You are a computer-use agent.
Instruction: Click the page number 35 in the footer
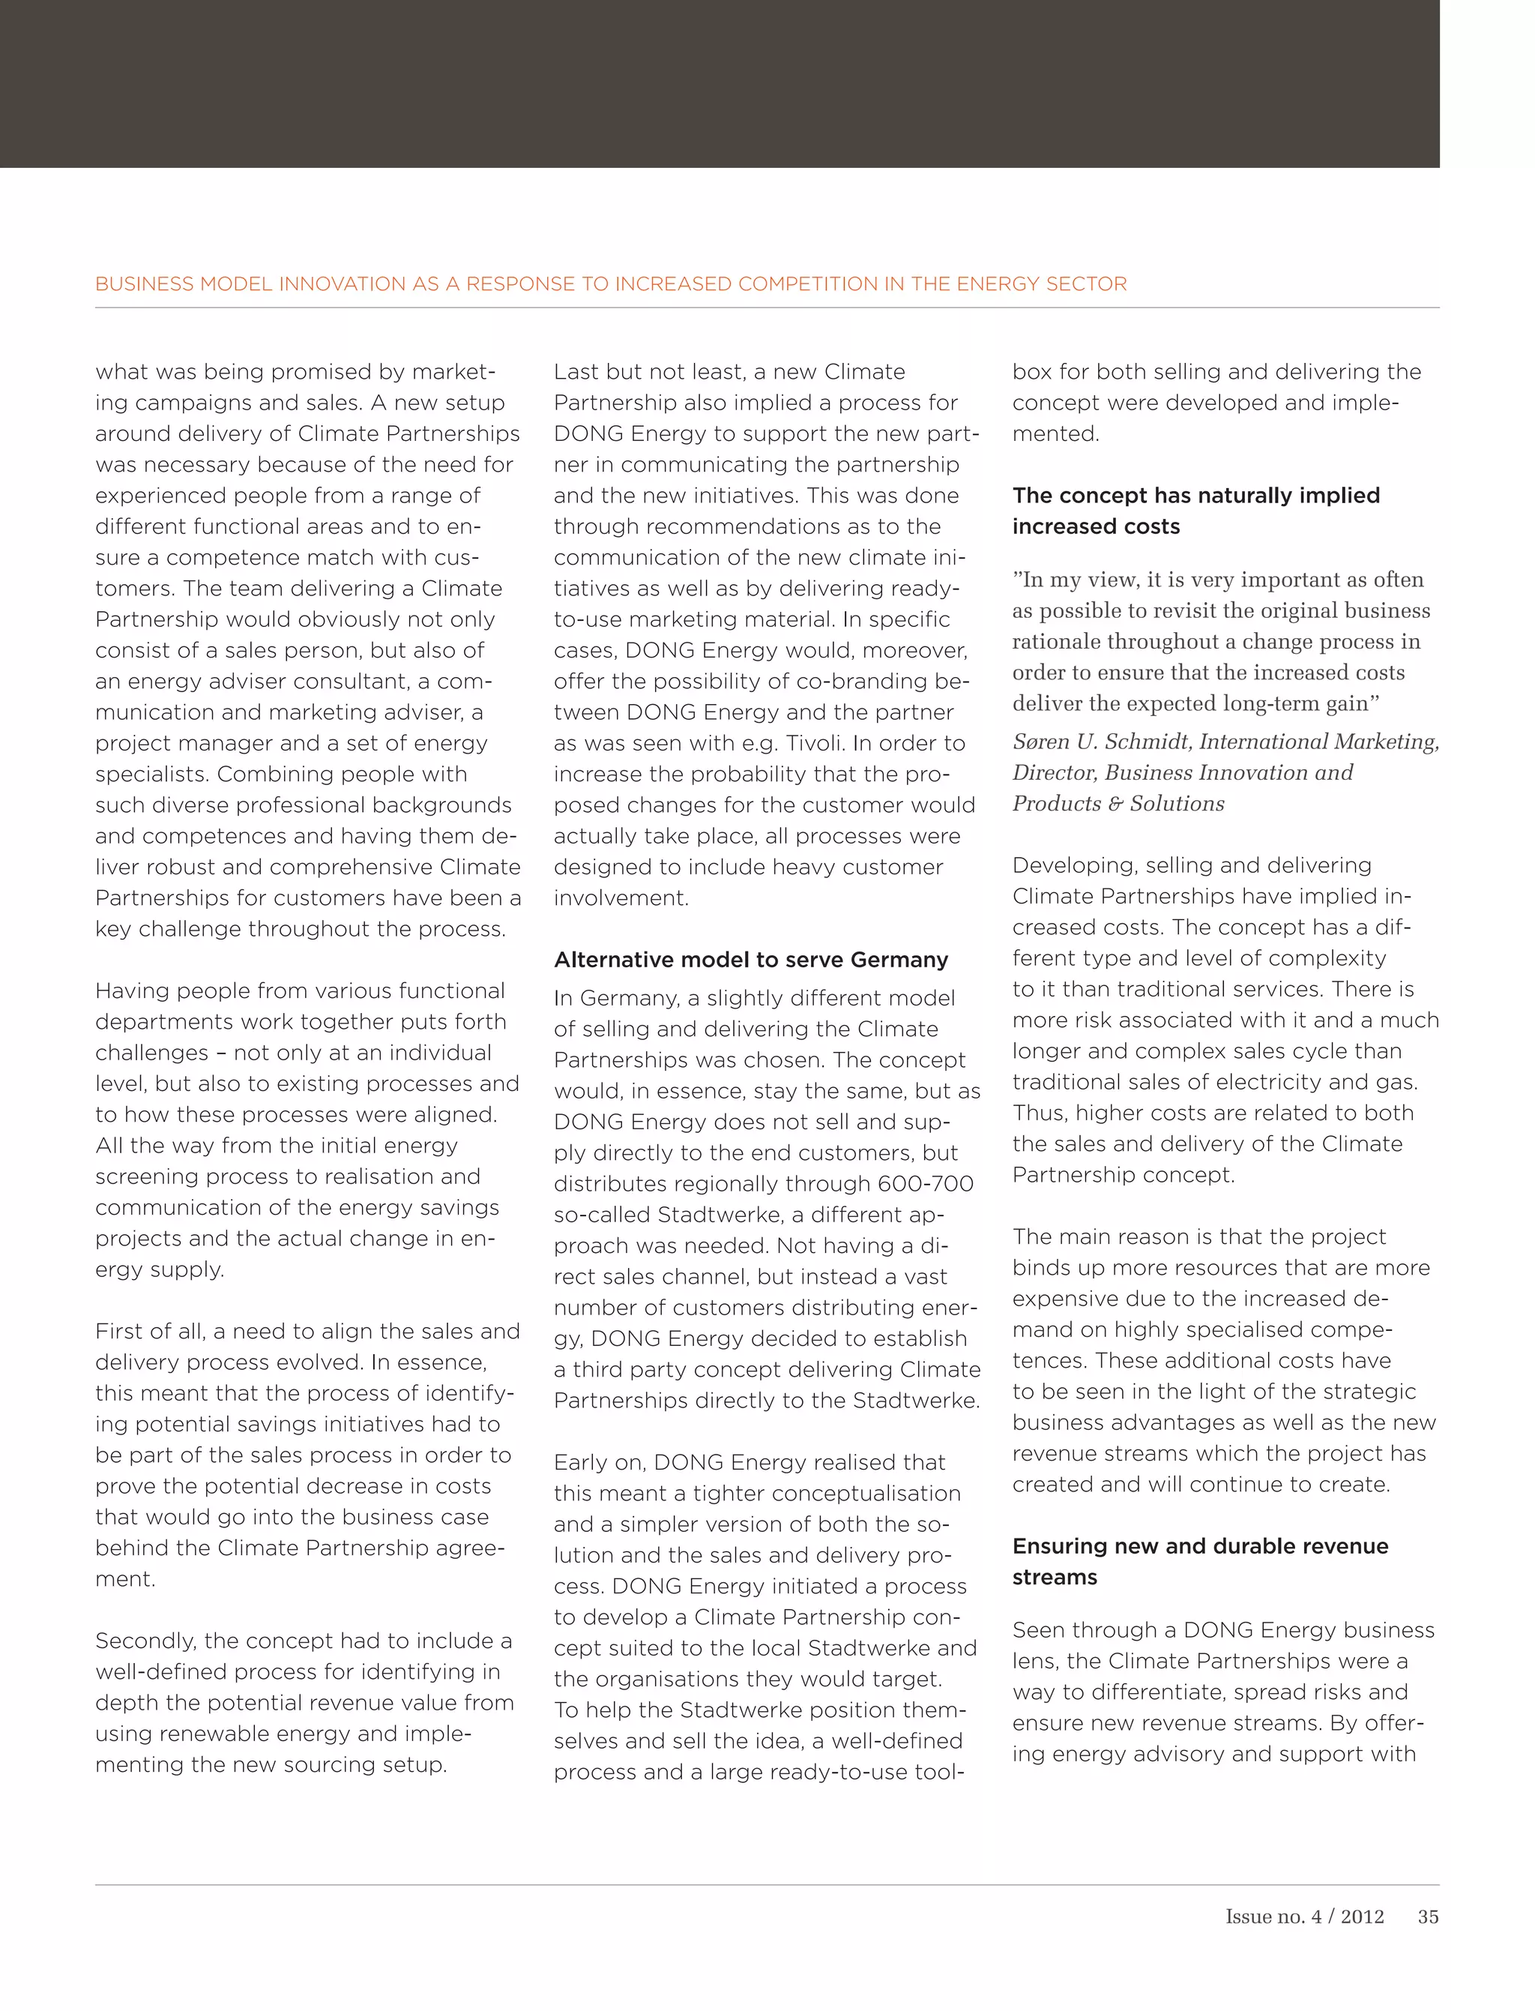coord(1427,1917)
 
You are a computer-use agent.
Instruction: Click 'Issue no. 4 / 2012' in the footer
coord(1304,1917)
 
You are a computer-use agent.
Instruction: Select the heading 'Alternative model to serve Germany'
coord(750,960)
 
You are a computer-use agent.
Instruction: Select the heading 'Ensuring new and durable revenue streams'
coord(1200,1561)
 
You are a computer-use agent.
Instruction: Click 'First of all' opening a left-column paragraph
coord(148,1331)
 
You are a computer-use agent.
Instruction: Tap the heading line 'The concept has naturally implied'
coord(1195,496)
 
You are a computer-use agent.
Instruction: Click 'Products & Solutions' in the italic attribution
coord(1118,804)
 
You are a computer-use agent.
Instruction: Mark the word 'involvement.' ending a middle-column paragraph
coord(621,898)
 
